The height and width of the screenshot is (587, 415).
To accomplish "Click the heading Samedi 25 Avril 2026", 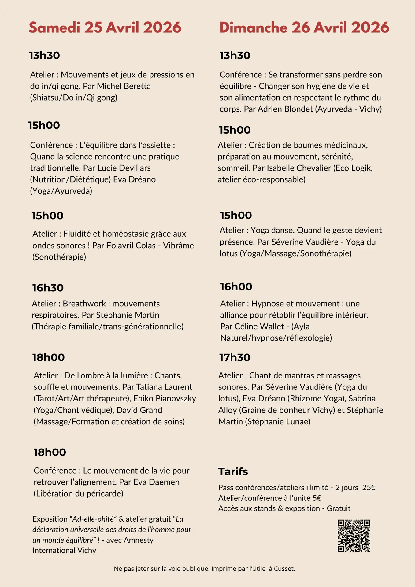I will point(105,28).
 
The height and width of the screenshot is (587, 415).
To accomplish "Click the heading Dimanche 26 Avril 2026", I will point(304,28).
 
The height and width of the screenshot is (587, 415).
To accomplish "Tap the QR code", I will point(354,536).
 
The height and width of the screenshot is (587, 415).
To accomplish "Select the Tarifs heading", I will point(233,471).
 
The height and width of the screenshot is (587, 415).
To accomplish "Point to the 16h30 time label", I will point(48,288).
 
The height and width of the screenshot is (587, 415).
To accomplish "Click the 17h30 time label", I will point(235,357).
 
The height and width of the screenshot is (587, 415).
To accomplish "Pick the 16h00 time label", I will point(236,287).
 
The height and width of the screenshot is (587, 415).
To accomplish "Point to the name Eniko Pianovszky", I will point(165,398).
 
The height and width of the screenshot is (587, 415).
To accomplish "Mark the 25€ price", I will point(369,488).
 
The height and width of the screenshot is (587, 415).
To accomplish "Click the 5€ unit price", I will point(317,498).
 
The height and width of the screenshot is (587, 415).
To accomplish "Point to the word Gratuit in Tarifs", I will point(339,508).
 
